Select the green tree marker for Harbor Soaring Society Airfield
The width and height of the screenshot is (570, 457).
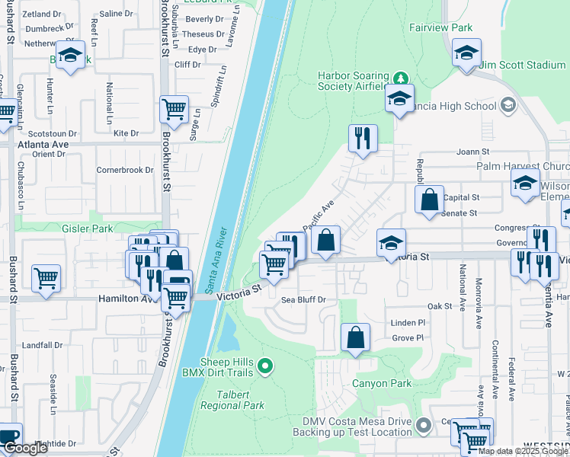click(x=400, y=78)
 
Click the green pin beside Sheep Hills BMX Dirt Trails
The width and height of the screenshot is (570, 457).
click(x=264, y=367)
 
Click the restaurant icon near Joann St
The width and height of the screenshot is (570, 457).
click(x=362, y=138)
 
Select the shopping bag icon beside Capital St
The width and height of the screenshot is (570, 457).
click(x=429, y=200)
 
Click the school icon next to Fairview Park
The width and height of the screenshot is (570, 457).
click(x=466, y=53)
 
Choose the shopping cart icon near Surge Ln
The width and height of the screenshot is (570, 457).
click(x=174, y=109)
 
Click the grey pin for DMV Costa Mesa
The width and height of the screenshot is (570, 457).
click(x=424, y=423)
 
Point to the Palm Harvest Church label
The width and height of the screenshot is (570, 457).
click(x=522, y=166)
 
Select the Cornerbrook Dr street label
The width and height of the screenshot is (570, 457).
click(x=125, y=170)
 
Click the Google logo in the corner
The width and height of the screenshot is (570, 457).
click(x=24, y=448)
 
